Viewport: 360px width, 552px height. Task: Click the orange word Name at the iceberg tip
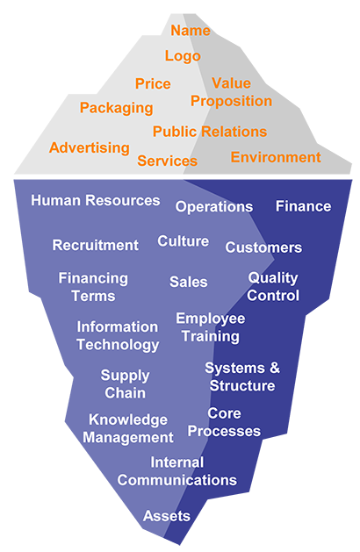coord(191,31)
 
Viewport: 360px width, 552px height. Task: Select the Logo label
coord(183,56)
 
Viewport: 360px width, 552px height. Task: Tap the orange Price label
coord(153,83)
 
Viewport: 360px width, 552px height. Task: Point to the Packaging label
coord(116,108)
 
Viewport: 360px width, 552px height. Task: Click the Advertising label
coord(90,147)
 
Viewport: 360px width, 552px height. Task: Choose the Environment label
coord(276,157)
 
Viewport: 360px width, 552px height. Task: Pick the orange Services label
coord(168,161)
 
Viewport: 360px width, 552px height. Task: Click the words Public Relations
coord(210,132)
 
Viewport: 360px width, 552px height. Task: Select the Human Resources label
coord(96,200)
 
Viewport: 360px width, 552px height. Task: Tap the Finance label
coord(303,206)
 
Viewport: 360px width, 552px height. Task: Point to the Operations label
coord(214,207)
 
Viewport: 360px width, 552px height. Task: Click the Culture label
coord(184,241)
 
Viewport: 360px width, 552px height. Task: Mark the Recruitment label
coord(96,245)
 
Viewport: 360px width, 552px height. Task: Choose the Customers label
coord(263,247)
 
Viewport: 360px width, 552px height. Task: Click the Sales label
coord(189,282)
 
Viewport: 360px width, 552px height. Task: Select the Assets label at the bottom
coord(167,516)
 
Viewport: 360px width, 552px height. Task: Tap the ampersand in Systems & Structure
coord(275,368)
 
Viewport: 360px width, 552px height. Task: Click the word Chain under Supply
coord(125,393)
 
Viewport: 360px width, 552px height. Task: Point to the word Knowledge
coord(128,420)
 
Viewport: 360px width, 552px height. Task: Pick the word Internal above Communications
coord(177,462)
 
